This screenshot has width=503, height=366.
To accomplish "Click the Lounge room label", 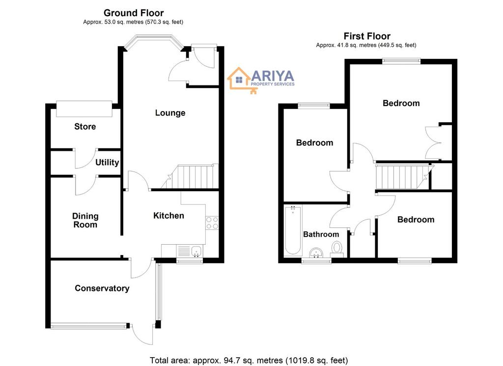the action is [170, 113].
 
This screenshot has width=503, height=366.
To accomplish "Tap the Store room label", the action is [85, 127].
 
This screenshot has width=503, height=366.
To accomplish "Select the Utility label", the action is [107, 163].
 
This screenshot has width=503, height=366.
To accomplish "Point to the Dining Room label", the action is [85, 221].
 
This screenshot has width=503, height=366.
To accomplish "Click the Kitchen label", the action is [169, 216].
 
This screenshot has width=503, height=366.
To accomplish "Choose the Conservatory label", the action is [102, 288].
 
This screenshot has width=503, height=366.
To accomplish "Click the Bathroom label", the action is [321, 234].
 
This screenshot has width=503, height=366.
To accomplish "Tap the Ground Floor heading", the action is [134, 13].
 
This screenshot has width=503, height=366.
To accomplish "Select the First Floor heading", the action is [367, 36].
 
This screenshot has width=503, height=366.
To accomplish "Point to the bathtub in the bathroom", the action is [293, 230].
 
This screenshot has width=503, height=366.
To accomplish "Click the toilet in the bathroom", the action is [337, 250].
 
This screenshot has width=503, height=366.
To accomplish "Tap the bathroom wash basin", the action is [317, 253].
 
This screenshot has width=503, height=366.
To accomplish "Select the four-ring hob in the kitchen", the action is [212, 223].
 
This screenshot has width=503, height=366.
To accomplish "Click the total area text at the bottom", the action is [249, 361].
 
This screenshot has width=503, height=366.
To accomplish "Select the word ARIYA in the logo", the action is [273, 76].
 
